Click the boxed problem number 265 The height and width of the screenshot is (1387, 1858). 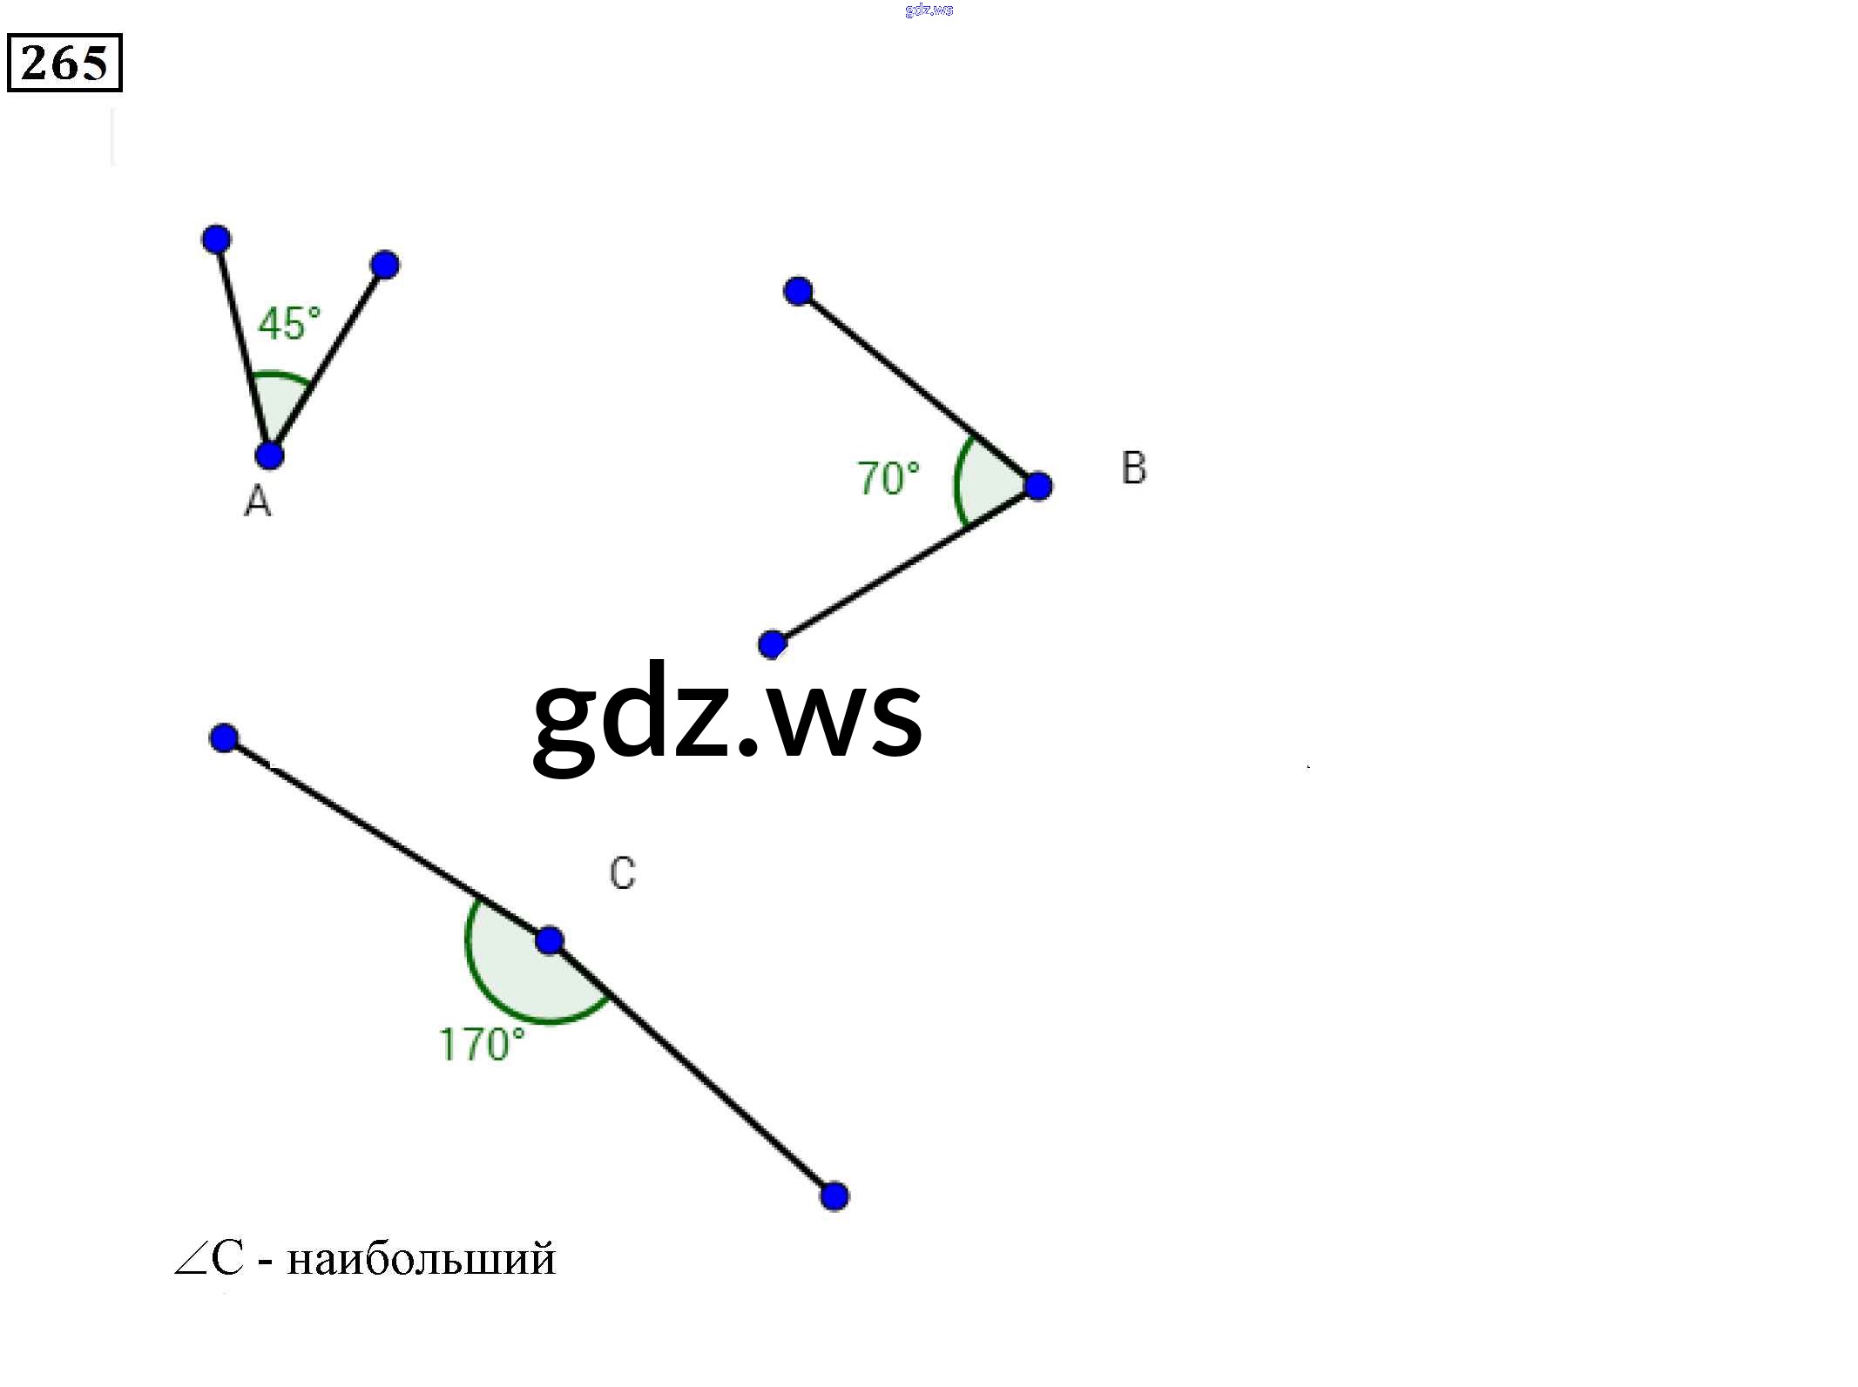point(64,63)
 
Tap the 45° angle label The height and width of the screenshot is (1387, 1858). point(289,324)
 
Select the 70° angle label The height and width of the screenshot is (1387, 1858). point(888,479)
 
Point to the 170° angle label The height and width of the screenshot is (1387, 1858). point(482,1045)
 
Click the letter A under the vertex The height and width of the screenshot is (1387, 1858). point(258,502)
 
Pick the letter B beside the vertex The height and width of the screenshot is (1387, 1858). point(1133,468)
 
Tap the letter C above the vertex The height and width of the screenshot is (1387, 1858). point(622,873)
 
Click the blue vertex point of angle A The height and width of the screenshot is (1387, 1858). point(270,454)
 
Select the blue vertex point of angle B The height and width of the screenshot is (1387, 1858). point(1037,486)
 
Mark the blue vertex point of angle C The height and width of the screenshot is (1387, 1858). point(549,940)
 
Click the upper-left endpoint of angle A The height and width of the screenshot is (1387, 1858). point(216,239)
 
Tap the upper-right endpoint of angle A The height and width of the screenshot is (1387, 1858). point(384,265)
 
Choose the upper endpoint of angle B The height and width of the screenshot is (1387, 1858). point(798,291)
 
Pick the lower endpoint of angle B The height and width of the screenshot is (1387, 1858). point(772,644)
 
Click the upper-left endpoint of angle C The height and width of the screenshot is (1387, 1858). point(224,738)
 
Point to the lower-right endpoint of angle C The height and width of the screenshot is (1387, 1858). point(834,1195)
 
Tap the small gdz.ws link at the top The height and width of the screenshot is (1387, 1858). point(929,10)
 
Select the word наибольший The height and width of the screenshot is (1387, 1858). point(421,1259)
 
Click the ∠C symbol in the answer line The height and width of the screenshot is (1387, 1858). point(209,1259)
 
